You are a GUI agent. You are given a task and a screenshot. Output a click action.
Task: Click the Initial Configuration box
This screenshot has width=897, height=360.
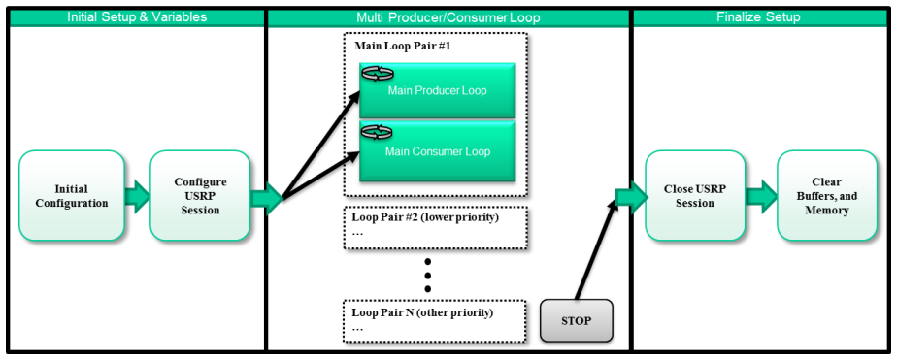click(x=72, y=195)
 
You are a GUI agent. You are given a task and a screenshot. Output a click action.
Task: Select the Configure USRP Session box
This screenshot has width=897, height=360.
click(x=200, y=195)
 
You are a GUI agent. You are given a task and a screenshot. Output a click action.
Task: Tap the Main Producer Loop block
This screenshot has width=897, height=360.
click(x=438, y=90)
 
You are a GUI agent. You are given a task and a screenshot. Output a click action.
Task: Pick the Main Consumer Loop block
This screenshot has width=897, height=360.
click(x=438, y=151)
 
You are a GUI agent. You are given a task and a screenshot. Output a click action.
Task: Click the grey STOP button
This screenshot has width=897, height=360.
click(x=576, y=320)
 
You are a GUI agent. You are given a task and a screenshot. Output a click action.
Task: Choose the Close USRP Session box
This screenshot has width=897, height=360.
click(x=696, y=195)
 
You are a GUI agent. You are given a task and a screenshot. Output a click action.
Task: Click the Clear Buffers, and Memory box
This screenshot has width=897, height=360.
click(x=827, y=195)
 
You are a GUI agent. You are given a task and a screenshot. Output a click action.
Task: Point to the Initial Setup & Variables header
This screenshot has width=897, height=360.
click(x=137, y=17)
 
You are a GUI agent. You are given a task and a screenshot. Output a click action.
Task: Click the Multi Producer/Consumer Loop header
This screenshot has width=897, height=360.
click(x=448, y=17)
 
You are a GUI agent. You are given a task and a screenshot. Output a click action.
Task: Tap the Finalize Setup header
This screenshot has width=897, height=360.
click(x=758, y=17)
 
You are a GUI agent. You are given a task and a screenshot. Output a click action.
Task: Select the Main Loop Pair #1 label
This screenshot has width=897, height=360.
click(x=403, y=46)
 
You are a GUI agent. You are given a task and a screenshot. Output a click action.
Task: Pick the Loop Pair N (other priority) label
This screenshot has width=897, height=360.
click(x=422, y=313)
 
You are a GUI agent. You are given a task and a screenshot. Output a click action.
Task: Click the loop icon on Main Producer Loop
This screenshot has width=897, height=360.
click(x=377, y=73)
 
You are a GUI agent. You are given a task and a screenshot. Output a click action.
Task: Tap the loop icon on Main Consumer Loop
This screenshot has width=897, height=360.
click(x=377, y=133)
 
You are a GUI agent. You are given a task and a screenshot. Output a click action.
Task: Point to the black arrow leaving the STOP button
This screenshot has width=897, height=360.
click(x=596, y=249)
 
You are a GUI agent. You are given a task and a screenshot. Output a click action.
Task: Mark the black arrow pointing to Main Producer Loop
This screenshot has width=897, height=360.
click(x=321, y=144)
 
